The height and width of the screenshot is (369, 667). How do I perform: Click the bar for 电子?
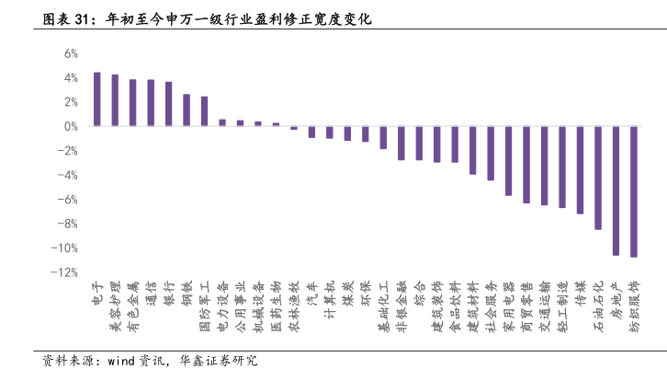click(96, 99)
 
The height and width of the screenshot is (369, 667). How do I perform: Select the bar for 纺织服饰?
click(634, 191)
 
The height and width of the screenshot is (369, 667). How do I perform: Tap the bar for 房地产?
click(616, 190)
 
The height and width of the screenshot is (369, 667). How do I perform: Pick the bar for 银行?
click(168, 104)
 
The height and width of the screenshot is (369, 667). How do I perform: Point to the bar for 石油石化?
click(598, 178)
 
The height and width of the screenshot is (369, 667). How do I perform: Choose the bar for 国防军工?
click(204, 111)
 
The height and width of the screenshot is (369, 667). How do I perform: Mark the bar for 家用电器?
click(508, 161)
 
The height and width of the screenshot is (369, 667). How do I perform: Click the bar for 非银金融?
click(401, 143)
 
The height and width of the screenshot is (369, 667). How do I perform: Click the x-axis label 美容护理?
click(113, 305)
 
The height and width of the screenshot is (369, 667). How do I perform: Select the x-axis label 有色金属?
click(131, 305)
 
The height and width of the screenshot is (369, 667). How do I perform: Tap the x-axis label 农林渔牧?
click(292, 305)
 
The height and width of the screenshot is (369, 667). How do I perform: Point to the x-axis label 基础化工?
click(382, 305)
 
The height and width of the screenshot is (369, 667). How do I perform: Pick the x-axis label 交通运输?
click(544, 305)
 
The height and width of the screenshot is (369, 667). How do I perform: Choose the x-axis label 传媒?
click(581, 293)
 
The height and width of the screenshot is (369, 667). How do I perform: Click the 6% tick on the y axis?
click(69, 53)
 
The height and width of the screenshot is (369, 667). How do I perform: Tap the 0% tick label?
click(69, 126)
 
